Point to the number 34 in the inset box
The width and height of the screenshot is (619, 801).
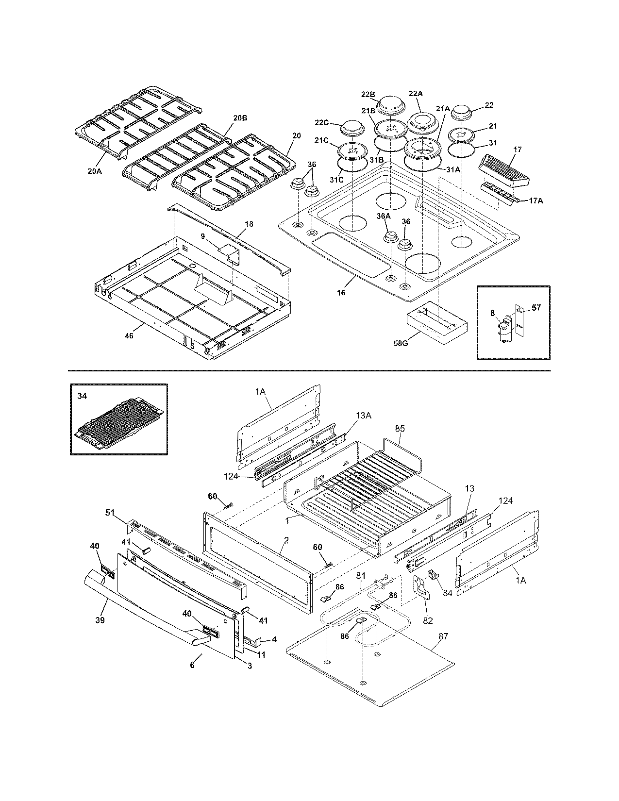83,396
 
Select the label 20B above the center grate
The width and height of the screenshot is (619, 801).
240,118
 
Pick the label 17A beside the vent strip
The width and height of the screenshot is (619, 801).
535,200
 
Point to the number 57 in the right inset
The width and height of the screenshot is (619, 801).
536,307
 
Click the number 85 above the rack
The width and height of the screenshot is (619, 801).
400,429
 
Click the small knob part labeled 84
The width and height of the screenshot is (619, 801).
432,575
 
